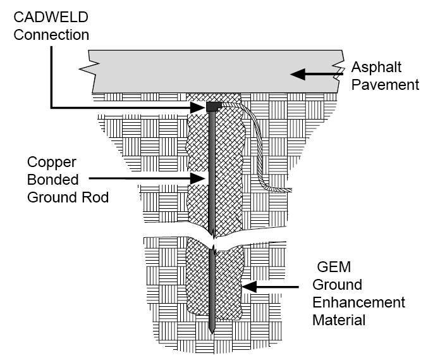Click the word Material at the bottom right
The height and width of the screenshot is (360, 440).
click(339, 320)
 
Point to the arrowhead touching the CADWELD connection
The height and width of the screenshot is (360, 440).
click(201, 108)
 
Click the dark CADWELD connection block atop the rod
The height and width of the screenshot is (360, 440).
click(212, 106)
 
